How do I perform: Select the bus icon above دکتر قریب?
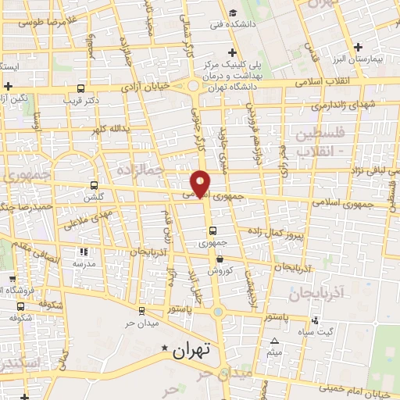click(83, 88)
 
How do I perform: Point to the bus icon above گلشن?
click(95, 186)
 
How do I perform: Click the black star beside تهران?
click(164, 348)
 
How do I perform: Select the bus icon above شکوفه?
click(20, 307)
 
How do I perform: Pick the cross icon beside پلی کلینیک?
click(296, 53)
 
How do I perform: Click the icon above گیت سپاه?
click(315, 320)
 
